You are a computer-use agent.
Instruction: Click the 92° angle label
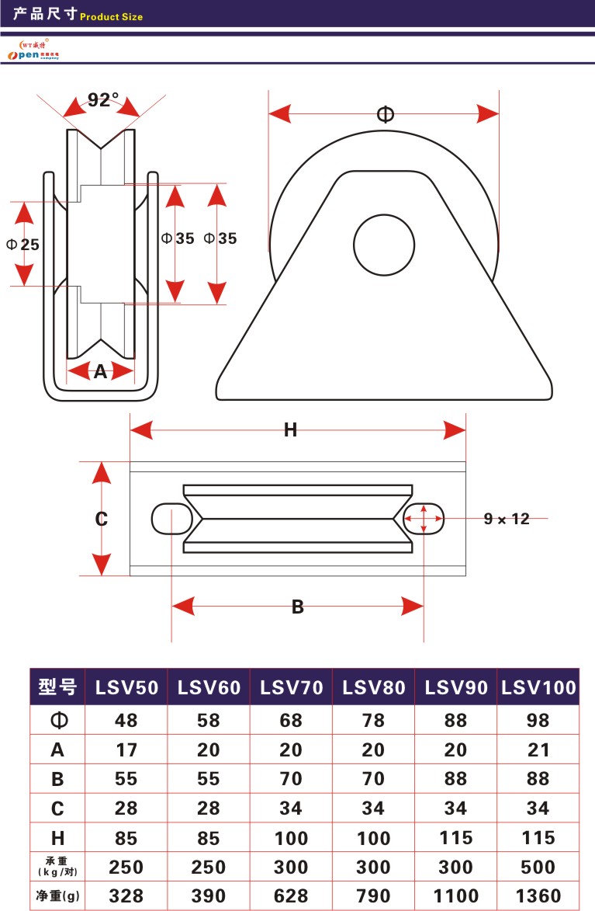(x=102, y=100)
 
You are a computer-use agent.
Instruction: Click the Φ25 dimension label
(x=22, y=244)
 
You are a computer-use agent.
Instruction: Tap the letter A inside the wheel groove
(x=100, y=372)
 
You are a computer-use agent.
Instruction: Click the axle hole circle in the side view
(x=385, y=244)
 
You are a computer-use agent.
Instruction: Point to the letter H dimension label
(x=290, y=430)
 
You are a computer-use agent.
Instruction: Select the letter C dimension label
(x=102, y=519)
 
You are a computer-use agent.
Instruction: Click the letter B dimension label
(x=297, y=607)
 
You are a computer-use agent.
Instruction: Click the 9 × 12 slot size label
(x=507, y=519)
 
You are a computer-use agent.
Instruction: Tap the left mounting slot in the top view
(x=171, y=518)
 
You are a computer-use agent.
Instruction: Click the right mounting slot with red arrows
(x=424, y=518)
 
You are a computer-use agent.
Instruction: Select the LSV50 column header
(x=126, y=687)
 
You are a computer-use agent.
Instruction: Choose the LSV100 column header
(x=538, y=687)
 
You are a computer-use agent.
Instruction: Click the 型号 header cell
(x=57, y=687)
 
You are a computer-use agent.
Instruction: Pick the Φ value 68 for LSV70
(x=291, y=721)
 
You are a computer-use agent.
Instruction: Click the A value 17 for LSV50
(x=126, y=750)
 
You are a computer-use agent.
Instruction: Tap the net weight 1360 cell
(x=538, y=896)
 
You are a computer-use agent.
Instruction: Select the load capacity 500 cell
(x=538, y=867)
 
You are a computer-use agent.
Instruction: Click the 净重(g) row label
(x=57, y=896)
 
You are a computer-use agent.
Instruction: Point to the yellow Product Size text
(x=112, y=16)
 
